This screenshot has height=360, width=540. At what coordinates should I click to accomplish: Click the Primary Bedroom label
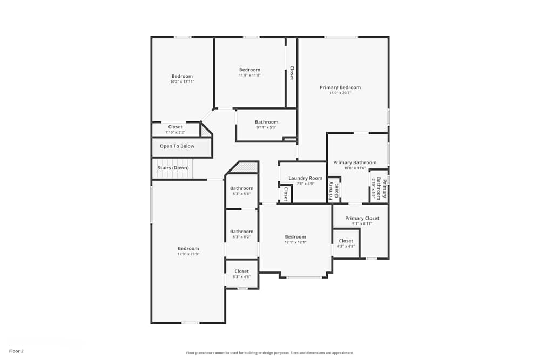(x=340, y=87)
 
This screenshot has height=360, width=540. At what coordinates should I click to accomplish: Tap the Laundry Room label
(x=305, y=178)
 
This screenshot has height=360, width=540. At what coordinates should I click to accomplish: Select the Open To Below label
(x=177, y=146)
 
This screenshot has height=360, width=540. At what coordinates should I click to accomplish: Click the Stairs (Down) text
(x=173, y=168)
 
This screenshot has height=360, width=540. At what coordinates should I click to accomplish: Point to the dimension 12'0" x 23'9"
(x=188, y=254)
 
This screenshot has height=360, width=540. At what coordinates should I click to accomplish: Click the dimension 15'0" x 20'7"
(x=340, y=93)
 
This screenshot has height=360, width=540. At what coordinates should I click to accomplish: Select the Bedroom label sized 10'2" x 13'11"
(x=182, y=76)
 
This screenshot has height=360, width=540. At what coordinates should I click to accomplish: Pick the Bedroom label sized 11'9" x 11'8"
(x=249, y=70)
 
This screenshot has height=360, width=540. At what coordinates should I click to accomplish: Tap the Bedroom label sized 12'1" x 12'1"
(x=295, y=236)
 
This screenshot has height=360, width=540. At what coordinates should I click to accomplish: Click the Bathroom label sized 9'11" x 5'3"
(x=266, y=122)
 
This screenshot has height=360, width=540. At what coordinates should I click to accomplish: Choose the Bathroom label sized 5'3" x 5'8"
(x=241, y=188)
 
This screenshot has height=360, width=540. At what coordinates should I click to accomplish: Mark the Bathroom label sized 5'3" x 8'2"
(x=241, y=232)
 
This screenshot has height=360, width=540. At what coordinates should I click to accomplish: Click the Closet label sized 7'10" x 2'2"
(x=175, y=127)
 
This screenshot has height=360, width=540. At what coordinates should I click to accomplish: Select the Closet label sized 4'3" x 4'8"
(x=346, y=241)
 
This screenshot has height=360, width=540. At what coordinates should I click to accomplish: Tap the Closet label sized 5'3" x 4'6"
(x=241, y=271)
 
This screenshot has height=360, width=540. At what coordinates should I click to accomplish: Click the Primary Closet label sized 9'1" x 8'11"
(x=362, y=218)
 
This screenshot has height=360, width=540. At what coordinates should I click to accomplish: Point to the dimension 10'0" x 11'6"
(x=355, y=168)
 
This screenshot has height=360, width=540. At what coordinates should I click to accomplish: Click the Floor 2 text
(x=16, y=351)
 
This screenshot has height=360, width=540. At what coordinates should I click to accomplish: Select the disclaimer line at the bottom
(x=269, y=353)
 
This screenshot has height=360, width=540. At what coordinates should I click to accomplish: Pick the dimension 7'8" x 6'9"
(x=305, y=184)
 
